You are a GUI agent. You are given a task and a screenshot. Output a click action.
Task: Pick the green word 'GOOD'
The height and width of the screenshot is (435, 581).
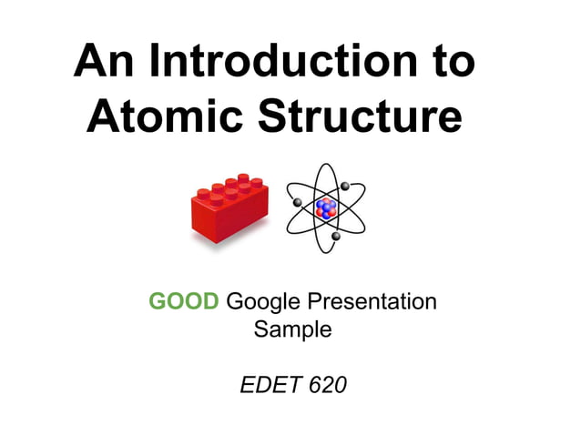tap(183, 301)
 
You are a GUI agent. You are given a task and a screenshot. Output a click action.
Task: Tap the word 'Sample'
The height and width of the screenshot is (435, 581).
tap(292, 329)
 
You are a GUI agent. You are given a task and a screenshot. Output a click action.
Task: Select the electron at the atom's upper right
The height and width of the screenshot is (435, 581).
tap(344, 187)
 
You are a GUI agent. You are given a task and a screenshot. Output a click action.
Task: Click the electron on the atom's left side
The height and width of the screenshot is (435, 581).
tap(297, 203)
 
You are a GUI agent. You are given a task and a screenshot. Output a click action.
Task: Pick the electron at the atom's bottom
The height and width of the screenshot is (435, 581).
tap(335, 237)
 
